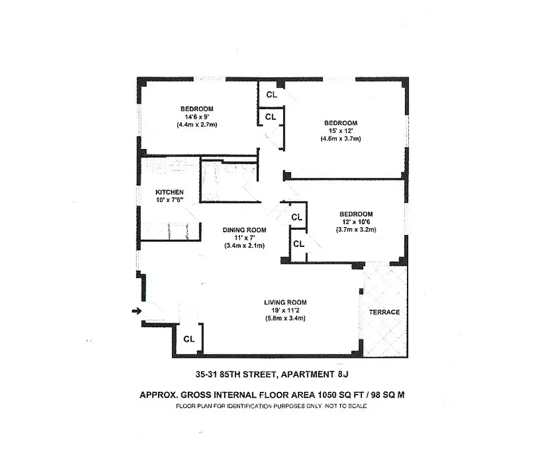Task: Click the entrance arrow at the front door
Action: click(136, 310)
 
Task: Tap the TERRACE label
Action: click(384, 312)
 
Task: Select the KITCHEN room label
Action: click(169, 192)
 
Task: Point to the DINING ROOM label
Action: click(244, 230)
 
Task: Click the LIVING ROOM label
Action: click(285, 302)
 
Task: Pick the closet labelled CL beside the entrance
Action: click(189, 339)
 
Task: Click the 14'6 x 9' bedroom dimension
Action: click(196, 117)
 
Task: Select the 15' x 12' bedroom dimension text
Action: click(340, 131)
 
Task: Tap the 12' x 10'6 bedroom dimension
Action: click(356, 221)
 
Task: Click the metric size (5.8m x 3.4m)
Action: click(285, 318)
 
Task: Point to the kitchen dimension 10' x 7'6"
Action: click(169, 200)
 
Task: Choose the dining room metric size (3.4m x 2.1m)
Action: click(244, 246)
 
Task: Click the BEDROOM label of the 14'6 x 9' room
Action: click(196, 109)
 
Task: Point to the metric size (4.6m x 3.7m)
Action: click(340, 139)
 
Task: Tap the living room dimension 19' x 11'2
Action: click(285, 310)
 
